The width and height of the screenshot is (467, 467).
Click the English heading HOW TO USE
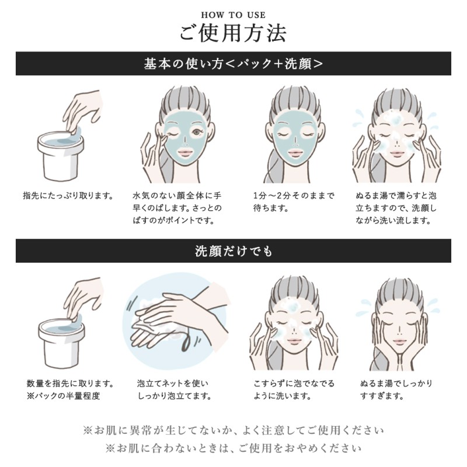(233, 15)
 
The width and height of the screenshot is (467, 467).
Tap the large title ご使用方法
(233, 33)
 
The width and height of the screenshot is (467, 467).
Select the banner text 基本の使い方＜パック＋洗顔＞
(233, 64)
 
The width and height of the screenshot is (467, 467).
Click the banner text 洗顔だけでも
(233, 251)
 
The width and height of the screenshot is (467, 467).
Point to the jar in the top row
(61, 156)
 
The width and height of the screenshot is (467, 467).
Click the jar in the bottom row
(61, 343)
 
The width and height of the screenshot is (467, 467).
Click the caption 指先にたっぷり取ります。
(68, 196)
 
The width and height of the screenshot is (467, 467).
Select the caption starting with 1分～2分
(294, 201)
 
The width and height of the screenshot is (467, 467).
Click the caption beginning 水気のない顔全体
(177, 208)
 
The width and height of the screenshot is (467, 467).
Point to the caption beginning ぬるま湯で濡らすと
(396, 208)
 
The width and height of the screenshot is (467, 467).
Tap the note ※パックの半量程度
(63, 396)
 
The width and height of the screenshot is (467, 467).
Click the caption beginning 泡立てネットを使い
(174, 389)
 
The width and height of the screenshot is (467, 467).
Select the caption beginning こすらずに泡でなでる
(294, 389)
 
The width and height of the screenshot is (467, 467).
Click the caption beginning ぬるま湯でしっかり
(396, 389)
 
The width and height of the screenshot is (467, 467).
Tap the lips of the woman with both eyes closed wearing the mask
(294, 153)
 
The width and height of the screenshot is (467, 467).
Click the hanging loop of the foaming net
(185, 340)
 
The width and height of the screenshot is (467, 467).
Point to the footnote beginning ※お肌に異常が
(233, 430)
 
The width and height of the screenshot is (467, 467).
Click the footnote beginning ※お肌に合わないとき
(233, 448)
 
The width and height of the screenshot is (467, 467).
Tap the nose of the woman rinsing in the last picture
(399, 330)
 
